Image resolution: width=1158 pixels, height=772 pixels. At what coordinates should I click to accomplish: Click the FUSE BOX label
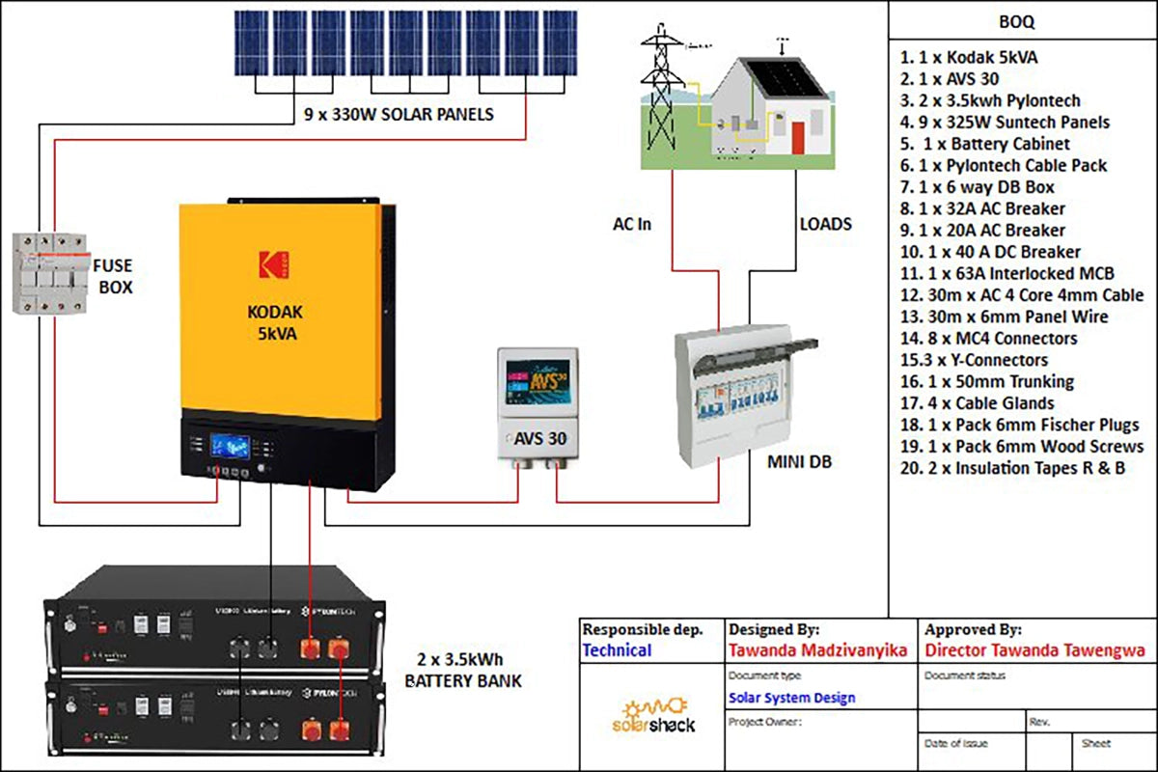[114, 275]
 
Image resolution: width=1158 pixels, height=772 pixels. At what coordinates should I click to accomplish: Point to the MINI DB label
[800, 462]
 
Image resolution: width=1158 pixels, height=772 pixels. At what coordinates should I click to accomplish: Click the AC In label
[632, 224]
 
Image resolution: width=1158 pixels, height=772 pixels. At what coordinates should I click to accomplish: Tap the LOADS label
[826, 224]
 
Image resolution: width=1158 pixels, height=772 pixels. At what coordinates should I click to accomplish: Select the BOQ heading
[1019, 20]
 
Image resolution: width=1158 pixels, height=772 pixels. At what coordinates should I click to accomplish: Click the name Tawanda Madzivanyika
[817, 650]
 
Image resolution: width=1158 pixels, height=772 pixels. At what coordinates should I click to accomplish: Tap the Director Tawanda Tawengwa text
[1034, 650]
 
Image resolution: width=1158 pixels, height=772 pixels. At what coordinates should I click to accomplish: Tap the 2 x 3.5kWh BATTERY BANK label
[463, 670]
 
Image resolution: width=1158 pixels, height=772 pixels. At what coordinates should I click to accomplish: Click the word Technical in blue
[617, 650]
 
